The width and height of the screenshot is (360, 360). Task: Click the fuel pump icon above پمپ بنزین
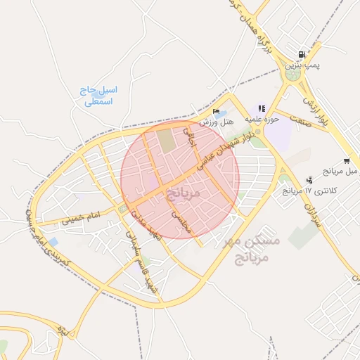coord(302,55)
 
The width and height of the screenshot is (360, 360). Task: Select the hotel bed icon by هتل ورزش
coord(216,112)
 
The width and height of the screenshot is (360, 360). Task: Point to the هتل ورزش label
coord(216,122)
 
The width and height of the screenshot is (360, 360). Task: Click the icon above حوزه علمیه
coord(262,109)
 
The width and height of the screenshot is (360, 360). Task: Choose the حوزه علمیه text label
coord(262,119)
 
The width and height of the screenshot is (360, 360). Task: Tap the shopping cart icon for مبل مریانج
coord(346,161)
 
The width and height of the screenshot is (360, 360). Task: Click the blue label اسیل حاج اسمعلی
coord(99,96)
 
